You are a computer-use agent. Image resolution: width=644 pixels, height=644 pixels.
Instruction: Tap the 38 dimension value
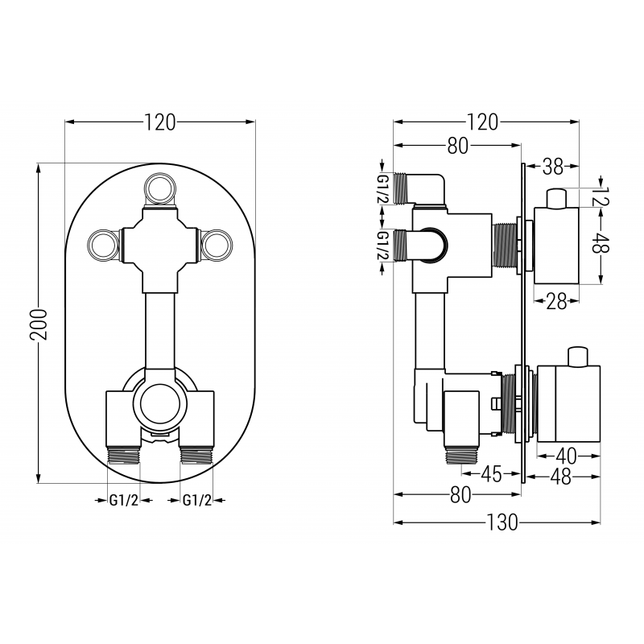[x=552, y=167]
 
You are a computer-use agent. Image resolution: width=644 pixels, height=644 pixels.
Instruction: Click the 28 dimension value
[x=556, y=302]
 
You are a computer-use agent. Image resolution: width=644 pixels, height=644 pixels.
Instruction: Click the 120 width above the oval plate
[x=159, y=122]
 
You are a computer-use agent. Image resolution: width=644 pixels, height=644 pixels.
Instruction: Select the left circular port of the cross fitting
[x=103, y=244]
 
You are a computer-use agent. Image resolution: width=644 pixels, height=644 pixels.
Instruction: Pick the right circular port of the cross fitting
[x=216, y=244]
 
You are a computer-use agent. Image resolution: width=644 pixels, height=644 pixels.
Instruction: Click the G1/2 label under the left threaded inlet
[x=124, y=501]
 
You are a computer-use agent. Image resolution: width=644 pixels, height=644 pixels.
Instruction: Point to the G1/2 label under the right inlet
[x=197, y=501]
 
